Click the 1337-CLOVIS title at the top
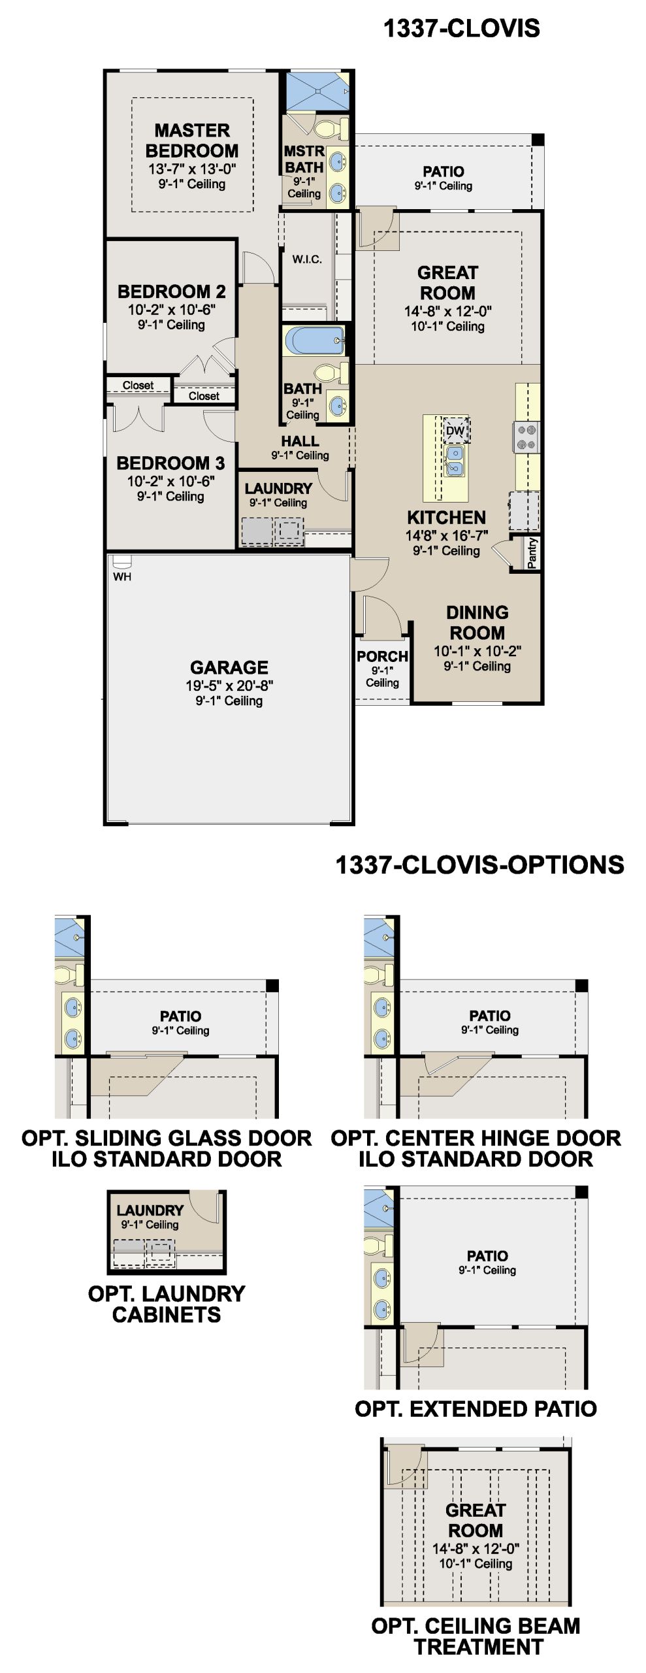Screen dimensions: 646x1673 [461, 28]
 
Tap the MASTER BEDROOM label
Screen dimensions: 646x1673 [192, 140]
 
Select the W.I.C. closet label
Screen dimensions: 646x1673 [307, 259]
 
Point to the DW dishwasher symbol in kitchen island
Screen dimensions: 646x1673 [455, 430]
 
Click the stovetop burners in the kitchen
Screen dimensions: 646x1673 [527, 437]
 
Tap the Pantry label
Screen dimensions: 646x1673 [532, 553]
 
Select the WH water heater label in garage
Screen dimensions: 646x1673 [122, 576]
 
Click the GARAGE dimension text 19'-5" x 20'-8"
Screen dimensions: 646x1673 [229, 686]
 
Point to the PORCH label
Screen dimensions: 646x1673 [382, 656]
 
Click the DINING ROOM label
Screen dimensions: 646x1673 [477, 622]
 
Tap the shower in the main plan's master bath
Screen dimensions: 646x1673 [317, 91]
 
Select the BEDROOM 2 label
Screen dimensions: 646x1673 [171, 291]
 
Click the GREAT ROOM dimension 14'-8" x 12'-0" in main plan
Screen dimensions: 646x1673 [448, 311]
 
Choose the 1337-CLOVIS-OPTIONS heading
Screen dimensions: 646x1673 [479, 865]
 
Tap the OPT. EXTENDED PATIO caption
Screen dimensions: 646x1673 [476, 1408]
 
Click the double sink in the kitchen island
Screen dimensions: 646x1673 [455, 460]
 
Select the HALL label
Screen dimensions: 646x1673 [300, 442]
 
